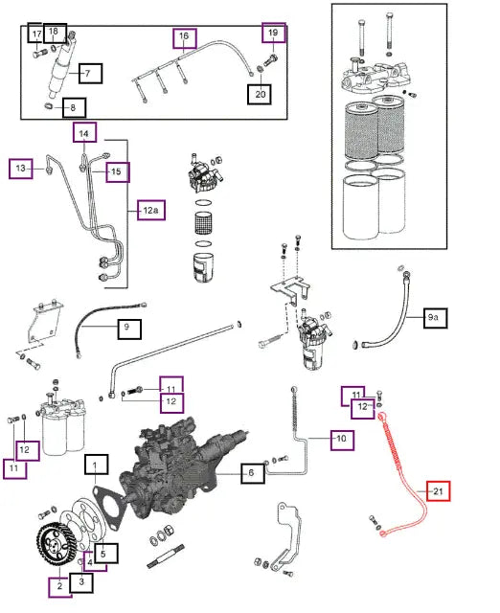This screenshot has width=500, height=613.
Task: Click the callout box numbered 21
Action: pyautogui.click(x=439, y=491)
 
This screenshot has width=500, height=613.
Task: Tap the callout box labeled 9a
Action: pyautogui.click(x=436, y=318)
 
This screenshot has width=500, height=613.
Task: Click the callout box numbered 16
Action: pyautogui.click(x=185, y=38)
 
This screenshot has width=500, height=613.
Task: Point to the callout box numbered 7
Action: pyautogui.click(x=90, y=73)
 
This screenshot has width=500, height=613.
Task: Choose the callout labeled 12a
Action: pyautogui.click(x=151, y=210)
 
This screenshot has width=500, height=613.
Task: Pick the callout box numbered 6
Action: pyautogui.click(x=253, y=473)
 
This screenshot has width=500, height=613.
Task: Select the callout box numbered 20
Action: pyautogui.click(x=260, y=94)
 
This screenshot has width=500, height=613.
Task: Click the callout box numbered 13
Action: pyautogui.click(x=21, y=169)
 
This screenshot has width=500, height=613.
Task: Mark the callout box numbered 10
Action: pyautogui.click(x=343, y=440)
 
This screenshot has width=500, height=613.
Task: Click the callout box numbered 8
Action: pyautogui.click(x=74, y=107)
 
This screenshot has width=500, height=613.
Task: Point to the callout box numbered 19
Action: pyautogui.click(x=274, y=33)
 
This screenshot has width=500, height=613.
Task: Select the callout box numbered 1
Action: pyautogui.click(x=96, y=464)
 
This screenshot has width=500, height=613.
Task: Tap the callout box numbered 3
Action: pyautogui.click(x=81, y=582)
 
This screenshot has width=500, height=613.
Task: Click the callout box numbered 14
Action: pyautogui.click(x=84, y=132)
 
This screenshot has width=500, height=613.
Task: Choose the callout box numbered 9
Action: pyautogui.click(x=129, y=329)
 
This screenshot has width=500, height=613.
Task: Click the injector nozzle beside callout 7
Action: pyautogui.click(x=60, y=66)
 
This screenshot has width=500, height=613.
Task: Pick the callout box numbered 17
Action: pyautogui.click(x=36, y=34)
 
